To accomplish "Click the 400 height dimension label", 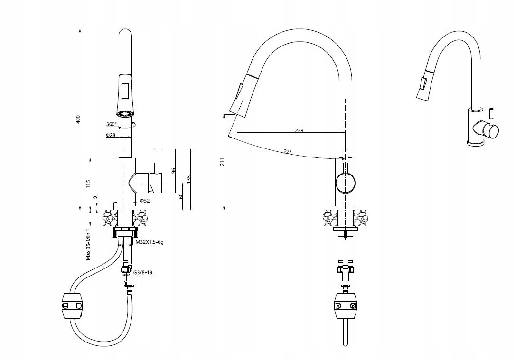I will click(x=79, y=119).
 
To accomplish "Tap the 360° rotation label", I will click(x=111, y=124).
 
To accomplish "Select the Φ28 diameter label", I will click(x=111, y=136).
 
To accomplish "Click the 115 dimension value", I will click(x=88, y=184).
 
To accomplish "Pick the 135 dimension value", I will click(x=188, y=179).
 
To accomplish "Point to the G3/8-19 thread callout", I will click(x=142, y=273).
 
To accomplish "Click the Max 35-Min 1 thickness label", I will click(x=89, y=243).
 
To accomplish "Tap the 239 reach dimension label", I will click(x=299, y=130).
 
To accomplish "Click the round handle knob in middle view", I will click(x=345, y=183).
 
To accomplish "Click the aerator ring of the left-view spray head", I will click(x=125, y=114).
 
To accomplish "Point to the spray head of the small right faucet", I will click(x=423, y=87).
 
